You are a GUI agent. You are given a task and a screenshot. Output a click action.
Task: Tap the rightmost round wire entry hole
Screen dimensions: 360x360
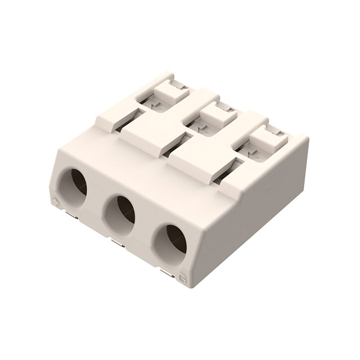tap(171, 240)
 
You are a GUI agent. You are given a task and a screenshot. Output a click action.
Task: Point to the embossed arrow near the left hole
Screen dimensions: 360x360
tap(55, 201)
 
